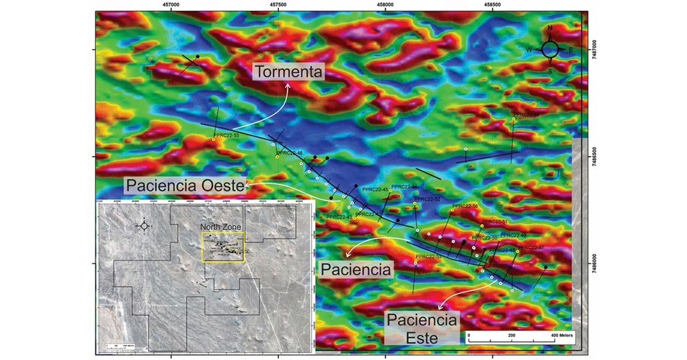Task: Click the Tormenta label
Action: [x=289, y=71]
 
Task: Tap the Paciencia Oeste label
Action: [x=185, y=185]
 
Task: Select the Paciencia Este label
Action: [x=422, y=327]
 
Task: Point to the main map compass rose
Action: [x=550, y=49]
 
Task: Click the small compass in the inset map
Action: [x=144, y=225]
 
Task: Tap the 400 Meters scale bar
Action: [x=518, y=336]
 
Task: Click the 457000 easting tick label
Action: [x=171, y=5]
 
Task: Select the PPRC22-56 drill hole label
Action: [x=465, y=206]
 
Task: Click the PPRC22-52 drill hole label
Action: [x=427, y=199]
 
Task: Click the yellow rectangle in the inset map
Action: [x=223, y=245]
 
